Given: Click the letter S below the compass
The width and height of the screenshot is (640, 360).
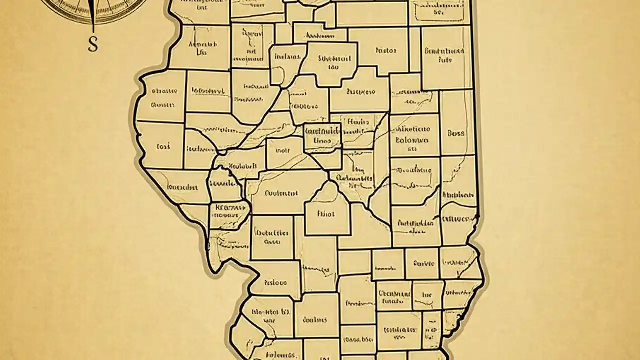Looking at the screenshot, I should coord(93,44).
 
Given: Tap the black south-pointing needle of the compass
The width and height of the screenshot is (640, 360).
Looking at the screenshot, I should coord(93,15).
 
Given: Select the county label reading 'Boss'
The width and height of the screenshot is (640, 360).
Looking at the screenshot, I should coord(456,133).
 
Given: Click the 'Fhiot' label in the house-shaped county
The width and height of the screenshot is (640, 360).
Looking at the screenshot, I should coord(326,214).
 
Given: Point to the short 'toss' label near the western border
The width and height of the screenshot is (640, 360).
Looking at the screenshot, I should coord(163,147).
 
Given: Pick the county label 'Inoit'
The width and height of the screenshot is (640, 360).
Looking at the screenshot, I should coord(282,149).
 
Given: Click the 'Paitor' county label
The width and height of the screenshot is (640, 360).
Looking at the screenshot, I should coord(385,50).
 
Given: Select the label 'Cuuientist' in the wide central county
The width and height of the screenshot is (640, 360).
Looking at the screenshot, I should coord(281,193).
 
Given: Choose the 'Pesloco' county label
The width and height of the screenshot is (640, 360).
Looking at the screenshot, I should coord(275,282).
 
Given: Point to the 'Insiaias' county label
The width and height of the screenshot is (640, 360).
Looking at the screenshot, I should coord(287,56).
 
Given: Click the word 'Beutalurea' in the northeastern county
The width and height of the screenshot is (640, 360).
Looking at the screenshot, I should coord(444,51).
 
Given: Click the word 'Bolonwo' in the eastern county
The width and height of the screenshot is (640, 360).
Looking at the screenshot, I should coord(412,140).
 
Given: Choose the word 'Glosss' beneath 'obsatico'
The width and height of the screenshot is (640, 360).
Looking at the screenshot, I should coord(163,105).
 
